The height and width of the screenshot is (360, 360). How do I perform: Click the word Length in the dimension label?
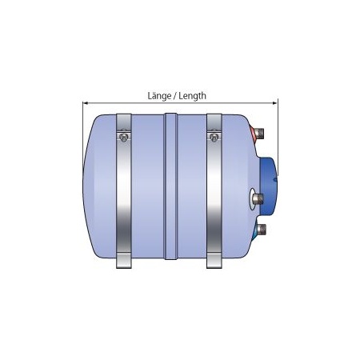(x=192, y=95)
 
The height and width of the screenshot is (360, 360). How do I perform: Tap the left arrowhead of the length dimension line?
(x=85, y=102)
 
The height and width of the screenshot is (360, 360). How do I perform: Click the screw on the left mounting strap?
(x=123, y=137)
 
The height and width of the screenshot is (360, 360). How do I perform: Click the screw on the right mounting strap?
(x=213, y=137)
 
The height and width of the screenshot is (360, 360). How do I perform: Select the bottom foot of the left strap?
(x=124, y=261)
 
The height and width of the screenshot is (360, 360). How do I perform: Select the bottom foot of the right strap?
(x=214, y=261)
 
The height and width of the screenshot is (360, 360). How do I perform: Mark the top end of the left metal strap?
(x=124, y=118)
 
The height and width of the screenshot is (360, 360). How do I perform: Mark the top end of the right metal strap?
(x=214, y=118)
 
